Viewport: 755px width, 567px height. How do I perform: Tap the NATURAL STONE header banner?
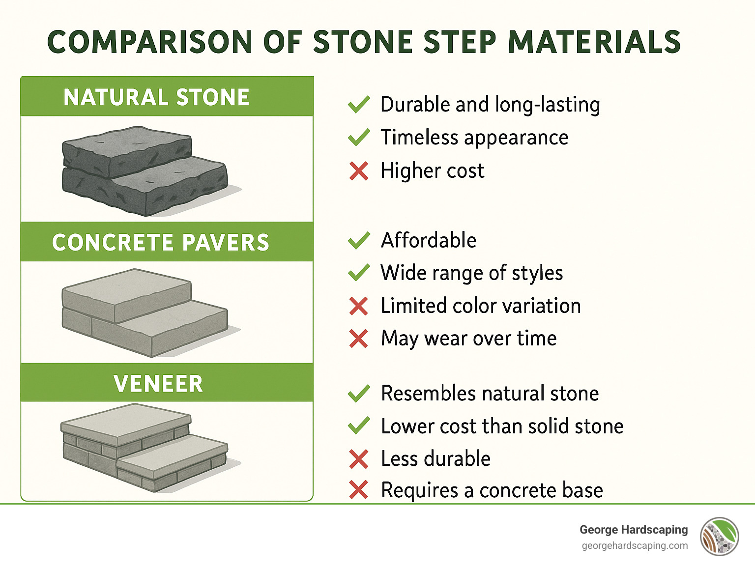167,97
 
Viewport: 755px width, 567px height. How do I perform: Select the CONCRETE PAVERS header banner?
167,242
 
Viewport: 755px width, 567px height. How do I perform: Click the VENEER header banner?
167,383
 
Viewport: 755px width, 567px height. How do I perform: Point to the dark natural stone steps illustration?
145,170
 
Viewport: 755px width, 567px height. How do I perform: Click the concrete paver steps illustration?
145,312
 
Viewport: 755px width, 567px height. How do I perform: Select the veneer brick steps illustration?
145,448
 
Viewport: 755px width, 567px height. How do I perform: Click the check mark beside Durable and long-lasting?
359,105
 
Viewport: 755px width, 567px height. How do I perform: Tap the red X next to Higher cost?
359,171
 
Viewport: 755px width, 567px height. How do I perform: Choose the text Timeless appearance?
474,138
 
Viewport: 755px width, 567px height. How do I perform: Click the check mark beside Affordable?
359,240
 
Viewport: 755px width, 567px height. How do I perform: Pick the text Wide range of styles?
472,273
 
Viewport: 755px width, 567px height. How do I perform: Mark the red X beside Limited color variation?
359,306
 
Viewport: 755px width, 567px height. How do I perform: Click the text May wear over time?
469,339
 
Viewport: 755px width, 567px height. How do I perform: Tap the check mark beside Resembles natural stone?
359,394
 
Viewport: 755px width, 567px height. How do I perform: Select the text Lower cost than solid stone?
502,426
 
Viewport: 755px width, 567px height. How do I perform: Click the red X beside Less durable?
359,459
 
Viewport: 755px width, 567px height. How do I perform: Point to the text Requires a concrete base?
492,490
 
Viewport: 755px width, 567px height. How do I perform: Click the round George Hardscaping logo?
720,537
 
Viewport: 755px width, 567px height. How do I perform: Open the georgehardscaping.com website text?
635,546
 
